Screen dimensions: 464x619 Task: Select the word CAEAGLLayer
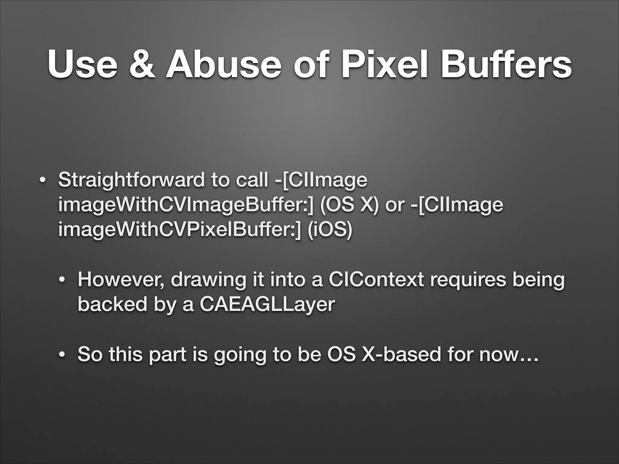[267, 304]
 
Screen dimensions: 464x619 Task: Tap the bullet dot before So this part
[62, 355]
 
